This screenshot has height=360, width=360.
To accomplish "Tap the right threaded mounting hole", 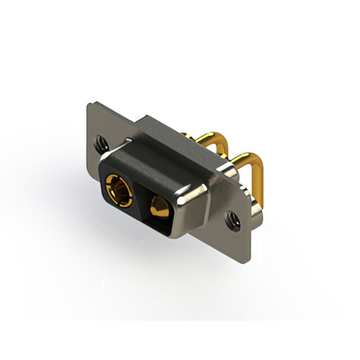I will pos(233,221).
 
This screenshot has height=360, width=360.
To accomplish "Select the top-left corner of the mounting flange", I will pos(89,104).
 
